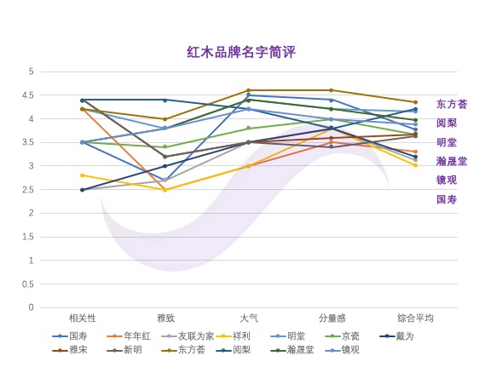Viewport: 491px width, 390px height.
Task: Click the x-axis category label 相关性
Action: [x=82, y=318]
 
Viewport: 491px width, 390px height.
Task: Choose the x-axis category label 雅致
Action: [x=165, y=318]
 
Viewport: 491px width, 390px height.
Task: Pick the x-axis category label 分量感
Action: [x=332, y=318]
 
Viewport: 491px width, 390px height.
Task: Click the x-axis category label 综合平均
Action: [x=415, y=318]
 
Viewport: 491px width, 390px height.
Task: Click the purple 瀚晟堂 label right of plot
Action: [x=452, y=161]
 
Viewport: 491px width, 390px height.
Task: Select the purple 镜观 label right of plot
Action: [x=447, y=180]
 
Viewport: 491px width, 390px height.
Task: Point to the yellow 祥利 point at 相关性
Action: [x=82, y=175]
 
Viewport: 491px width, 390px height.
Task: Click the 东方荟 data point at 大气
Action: [x=248, y=90]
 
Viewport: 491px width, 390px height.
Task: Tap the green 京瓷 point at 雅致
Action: [x=165, y=147]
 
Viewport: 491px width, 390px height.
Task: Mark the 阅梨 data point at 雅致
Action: [x=165, y=100]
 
